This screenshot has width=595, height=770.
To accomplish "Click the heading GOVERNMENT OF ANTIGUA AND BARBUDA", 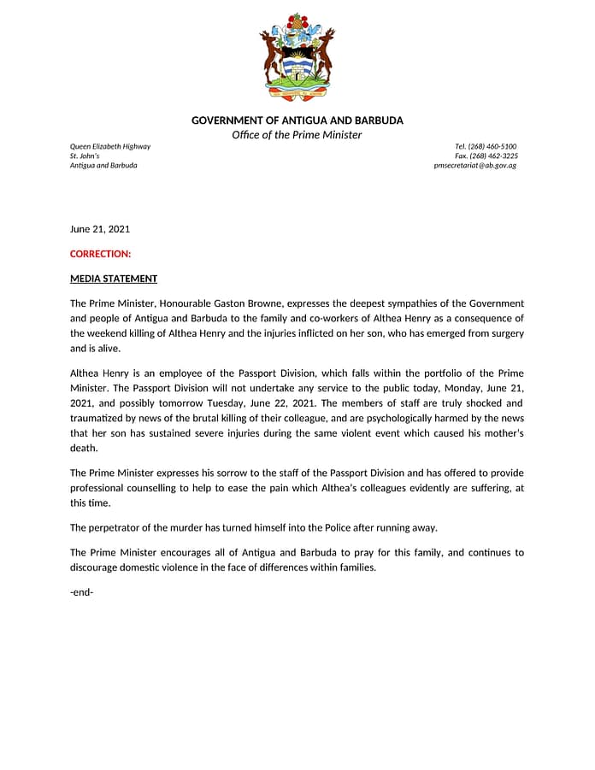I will point(297,120).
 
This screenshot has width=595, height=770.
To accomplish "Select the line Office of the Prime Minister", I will point(297,135).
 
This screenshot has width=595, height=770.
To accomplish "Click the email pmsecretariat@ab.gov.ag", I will point(475,165).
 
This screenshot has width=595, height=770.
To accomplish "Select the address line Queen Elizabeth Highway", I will point(109,146).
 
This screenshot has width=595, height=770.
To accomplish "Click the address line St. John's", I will point(85,156).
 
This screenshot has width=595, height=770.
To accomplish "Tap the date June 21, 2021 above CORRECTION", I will point(99,229).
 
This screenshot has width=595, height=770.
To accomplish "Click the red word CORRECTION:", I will point(100,254).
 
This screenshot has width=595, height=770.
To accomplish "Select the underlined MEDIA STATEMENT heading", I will point(113,279).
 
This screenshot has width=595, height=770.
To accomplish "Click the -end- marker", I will point(81,591).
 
